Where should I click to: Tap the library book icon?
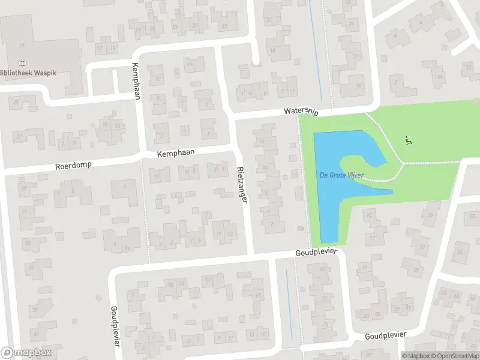pyautogui.click(x=23, y=62)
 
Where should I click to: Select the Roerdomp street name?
pyautogui.click(x=73, y=164)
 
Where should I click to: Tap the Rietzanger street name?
pyautogui.click(x=242, y=184)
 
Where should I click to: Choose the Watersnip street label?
pyautogui.click(x=301, y=112)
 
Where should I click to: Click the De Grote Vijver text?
pyautogui.click(x=341, y=175)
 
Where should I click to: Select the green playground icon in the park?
pyautogui.click(x=409, y=141)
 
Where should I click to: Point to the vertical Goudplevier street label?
pyautogui.click(x=114, y=326)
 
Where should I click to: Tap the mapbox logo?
pyautogui.click(x=26, y=353)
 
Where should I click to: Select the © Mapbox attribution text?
pyautogui.click(x=418, y=356)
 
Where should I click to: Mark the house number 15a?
pyautogui.click(x=104, y=124)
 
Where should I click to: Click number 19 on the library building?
pyautogui.click(x=23, y=46)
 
